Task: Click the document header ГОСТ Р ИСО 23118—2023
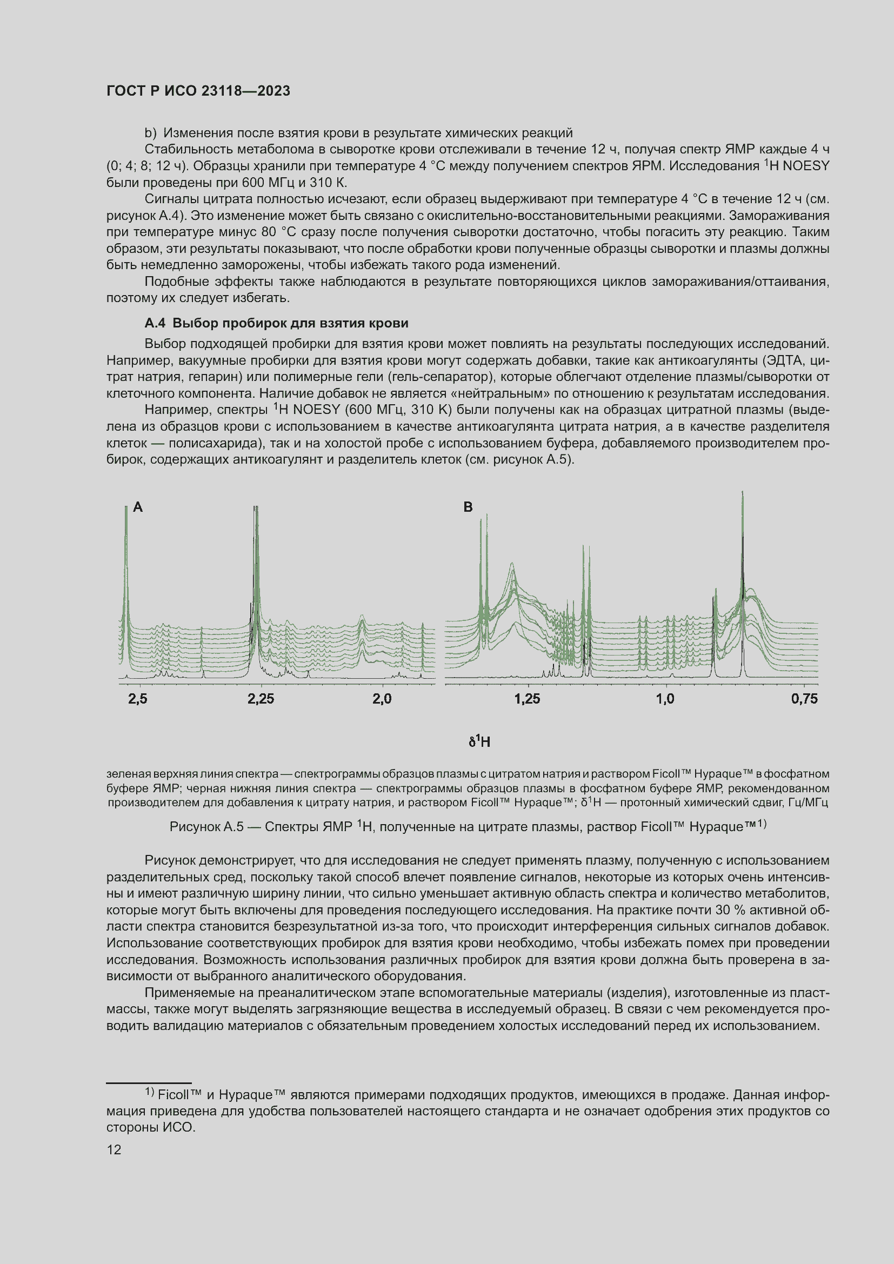(198, 91)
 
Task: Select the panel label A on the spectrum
(138, 507)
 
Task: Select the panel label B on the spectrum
(468, 507)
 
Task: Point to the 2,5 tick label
(138, 699)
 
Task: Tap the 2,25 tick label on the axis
(261, 699)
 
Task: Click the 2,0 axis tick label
(382, 699)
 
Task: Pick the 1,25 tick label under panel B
(527, 699)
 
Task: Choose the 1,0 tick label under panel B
(665, 699)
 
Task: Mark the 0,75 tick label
(804, 699)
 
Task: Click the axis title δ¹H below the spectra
(479, 741)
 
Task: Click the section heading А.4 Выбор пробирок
(276, 323)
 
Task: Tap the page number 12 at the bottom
(114, 1149)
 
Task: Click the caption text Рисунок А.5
(206, 827)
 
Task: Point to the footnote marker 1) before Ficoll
(150, 1092)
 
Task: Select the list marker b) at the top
(150, 133)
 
